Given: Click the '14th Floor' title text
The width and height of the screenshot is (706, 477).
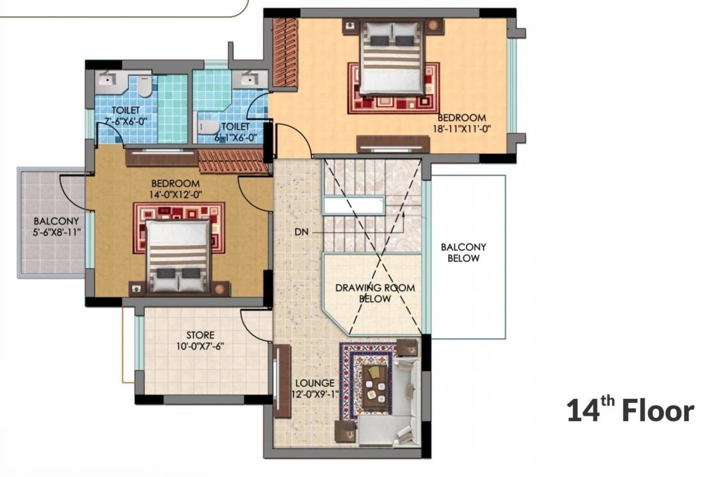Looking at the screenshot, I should pos(629,411).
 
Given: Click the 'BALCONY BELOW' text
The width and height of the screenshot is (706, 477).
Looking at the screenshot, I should pos(463,252).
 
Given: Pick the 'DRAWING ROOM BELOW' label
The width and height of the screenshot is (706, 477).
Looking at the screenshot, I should pos(375,293).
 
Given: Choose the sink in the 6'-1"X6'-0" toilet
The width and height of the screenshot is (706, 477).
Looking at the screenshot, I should pos(249,78).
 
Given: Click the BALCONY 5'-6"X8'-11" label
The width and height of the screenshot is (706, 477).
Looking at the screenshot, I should pos(57,227).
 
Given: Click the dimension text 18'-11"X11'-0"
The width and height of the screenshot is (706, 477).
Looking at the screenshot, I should pos(462,129).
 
